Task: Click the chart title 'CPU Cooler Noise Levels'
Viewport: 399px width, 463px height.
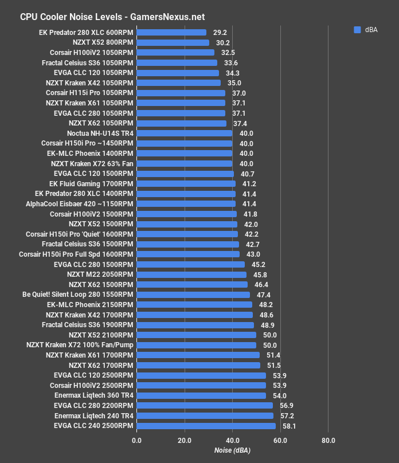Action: pos(69,17)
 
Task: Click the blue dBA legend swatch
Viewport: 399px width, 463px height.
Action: pos(357,30)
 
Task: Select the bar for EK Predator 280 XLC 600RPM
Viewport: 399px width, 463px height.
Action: pos(171,33)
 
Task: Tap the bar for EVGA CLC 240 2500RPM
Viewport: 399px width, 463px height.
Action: pos(206,426)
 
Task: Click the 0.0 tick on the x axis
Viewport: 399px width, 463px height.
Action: pos(136,441)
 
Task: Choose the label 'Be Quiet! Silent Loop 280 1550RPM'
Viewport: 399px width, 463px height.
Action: pos(77,295)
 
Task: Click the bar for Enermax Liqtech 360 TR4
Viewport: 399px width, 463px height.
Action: pos(201,395)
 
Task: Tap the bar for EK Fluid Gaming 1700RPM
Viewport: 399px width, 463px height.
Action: pos(186,184)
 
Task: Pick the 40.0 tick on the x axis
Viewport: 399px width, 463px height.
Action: pos(232,441)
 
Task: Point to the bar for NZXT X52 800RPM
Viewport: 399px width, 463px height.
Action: pos(173,42)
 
